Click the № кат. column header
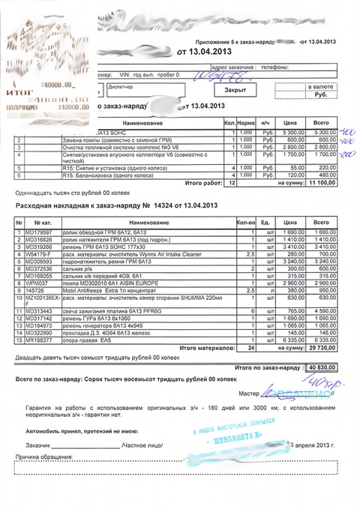click(x=42, y=223)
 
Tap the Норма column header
click(x=244, y=121)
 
